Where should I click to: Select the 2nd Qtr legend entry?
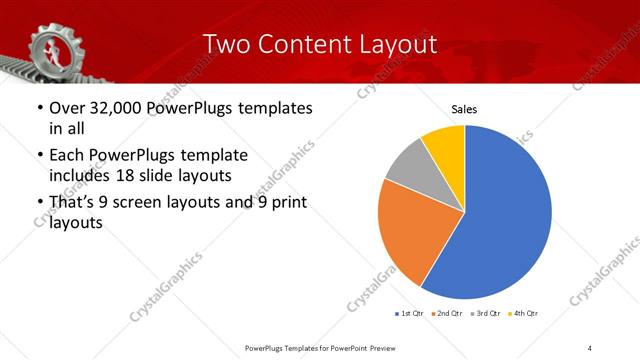[446, 314]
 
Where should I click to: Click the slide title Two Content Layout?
[320, 45]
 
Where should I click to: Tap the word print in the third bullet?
[285, 203]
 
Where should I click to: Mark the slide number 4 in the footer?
[591, 348]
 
